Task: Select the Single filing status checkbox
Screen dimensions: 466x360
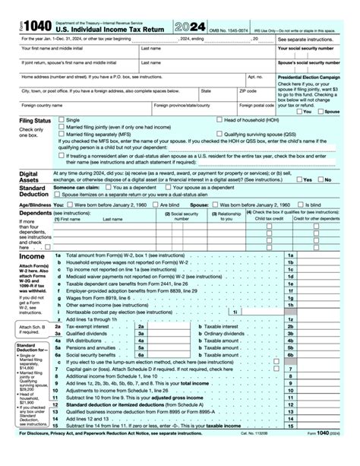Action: tap(62, 120)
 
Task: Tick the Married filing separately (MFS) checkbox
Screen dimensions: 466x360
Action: tap(62, 134)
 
